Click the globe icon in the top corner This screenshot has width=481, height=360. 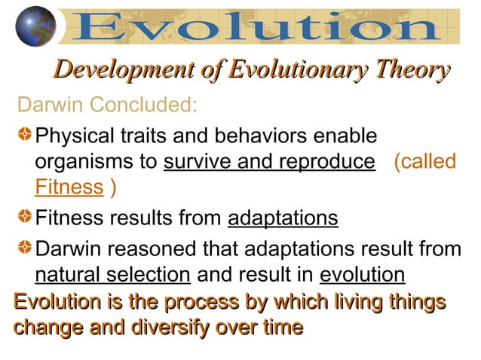click(x=35, y=26)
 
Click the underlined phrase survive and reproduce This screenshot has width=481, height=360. click(x=269, y=162)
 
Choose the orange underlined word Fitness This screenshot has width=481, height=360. click(x=69, y=187)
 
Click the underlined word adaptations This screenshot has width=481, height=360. click(x=283, y=218)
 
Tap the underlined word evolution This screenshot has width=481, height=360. click(x=362, y=273)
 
